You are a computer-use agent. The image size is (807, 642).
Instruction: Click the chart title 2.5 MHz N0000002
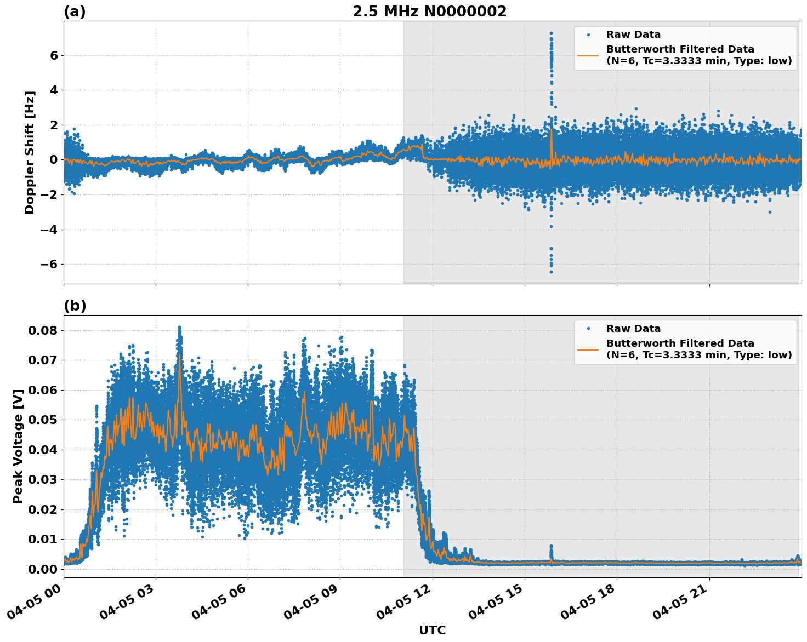[429, 12]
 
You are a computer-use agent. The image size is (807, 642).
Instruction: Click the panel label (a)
[75, 12]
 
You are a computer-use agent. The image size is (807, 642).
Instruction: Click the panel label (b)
[75, 306]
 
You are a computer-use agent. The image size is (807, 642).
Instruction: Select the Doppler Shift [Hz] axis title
[30, 152]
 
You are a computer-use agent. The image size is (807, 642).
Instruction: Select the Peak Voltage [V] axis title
[18, 446]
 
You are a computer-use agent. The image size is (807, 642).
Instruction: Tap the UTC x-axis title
[432, 630]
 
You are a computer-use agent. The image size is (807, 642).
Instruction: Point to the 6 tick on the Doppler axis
[54, 55]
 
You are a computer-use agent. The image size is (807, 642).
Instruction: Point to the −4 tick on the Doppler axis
[50, 230]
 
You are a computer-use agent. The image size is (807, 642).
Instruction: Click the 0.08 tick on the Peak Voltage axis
[43, 330]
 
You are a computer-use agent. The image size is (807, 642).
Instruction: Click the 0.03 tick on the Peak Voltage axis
[43, 479]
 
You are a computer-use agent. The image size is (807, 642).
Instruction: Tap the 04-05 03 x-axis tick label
[129, 605]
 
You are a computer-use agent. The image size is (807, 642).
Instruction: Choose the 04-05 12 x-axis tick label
[406, 605]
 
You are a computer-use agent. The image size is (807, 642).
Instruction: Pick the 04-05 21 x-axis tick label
[683, 605]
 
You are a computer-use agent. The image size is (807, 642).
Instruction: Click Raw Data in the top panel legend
[633, 35]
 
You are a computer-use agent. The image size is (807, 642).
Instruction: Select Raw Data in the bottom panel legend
[633, 329]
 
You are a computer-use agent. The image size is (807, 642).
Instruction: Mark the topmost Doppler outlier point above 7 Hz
[551, 33]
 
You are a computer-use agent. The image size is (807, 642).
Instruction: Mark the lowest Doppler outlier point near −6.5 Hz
[551, 272]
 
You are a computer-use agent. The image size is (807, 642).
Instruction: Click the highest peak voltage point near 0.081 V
[179, 328]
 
